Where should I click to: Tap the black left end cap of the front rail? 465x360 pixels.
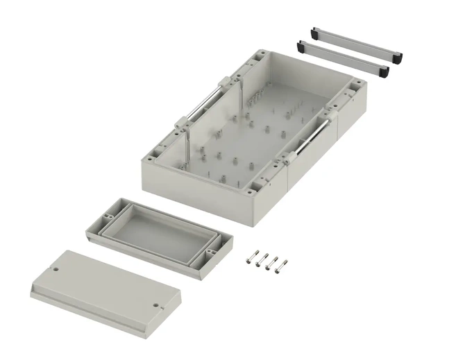pyautogui.click(x=302, y=48)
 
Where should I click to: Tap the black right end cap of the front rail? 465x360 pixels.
pyautogui.click(x=382, y=70)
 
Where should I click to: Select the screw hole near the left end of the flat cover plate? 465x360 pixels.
pyautogui.click(x=57, y=266)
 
